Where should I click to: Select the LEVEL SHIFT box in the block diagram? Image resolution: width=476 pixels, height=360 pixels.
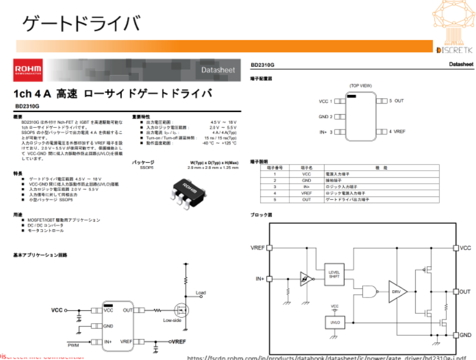pyautogui.click(x=334, y=274)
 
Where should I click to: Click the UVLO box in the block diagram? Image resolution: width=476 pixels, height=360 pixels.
pyautogui.click(x=335, y=323)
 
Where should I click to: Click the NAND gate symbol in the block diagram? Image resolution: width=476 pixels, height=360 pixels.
pyautogui.click(x=369, y=291)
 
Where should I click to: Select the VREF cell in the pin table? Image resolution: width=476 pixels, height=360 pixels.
pyautogui.click(x=307, y=193)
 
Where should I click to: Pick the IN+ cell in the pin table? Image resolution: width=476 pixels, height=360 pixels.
pyautogui.click(x=307, y=187)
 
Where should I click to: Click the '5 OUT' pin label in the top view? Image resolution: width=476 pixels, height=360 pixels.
pyautogui.click(x=396, y=101)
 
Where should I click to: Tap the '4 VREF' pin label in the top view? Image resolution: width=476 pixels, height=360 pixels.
pyautogui.click(x=397, y=132)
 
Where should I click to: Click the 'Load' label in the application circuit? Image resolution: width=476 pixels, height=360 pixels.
pyautogui.click(x=200, y=292)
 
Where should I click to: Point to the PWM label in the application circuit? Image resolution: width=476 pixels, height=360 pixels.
pyautogui.click(x=73, y=345)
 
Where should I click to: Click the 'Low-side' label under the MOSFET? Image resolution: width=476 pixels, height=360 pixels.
pyautogui.click(x=173, y=320)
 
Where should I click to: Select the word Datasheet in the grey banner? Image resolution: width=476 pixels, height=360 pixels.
pyautogui.click(x=218, y=70)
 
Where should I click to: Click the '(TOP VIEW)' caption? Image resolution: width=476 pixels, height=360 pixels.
pyautogui.click(x=360, y=86)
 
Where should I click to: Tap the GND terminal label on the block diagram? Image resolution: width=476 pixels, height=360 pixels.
pyautogui.click(x=465, y=335)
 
